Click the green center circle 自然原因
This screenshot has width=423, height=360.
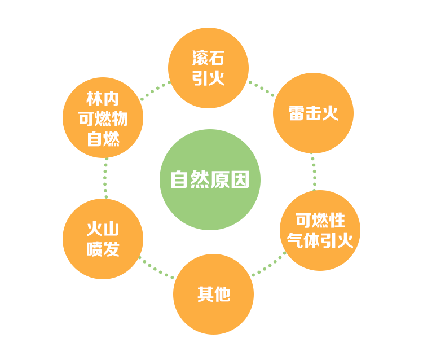210,179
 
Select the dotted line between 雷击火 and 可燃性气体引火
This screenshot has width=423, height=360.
314,172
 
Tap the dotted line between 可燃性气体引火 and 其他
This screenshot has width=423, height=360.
268,265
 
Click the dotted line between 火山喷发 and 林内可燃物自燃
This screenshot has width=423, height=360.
105,178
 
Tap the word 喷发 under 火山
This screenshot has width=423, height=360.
103,249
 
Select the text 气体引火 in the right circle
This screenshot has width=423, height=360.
320,241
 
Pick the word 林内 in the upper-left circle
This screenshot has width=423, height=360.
103,99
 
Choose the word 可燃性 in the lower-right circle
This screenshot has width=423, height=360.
320,221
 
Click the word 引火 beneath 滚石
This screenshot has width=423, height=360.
208,78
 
